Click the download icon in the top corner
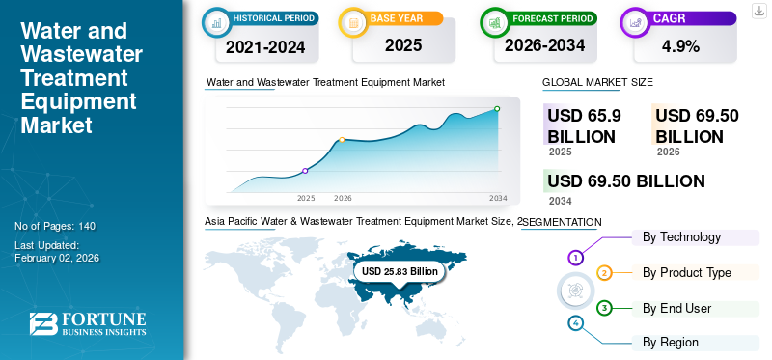[758, 10]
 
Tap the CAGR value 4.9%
[680, 46]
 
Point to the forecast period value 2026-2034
[545, 46]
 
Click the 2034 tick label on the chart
[498, 198]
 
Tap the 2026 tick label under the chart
[343, 198]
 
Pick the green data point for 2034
[497, 109]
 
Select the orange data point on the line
[343, 140]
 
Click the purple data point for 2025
[305, 171]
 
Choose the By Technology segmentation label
[681, 237]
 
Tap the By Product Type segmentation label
[687, 273]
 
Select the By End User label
[676, 308]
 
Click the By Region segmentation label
[671, 342]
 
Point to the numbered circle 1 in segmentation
[575, 258]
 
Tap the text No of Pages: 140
[55, 226]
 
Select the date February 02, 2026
[57, 258]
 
